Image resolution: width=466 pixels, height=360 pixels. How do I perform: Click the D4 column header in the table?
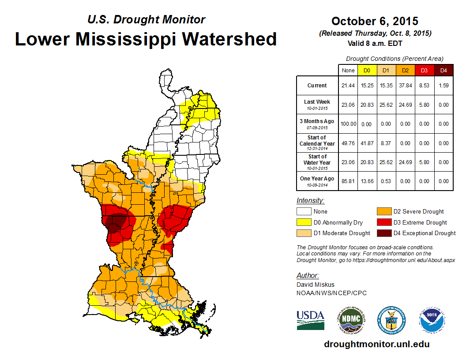click(x=443, y=70)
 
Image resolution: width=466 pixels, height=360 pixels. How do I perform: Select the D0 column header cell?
click(x=367, y=70)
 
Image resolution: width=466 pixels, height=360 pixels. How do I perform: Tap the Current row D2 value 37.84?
click(x=405, y=86)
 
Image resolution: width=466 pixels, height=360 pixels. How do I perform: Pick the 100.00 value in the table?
click(x=348, y=124)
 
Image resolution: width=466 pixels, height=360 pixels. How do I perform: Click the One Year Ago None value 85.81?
click(x=348, y=181)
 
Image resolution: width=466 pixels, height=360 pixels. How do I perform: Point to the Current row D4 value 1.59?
click(x=443, y=86)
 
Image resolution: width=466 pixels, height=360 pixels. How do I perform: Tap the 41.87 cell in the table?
click(x=367, y=143)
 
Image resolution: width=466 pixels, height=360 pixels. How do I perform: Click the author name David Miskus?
click(x=315, y=285)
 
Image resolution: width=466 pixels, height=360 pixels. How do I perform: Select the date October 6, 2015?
click(x=375, y=21)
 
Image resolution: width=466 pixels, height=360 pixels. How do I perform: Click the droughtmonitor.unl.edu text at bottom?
click(x=376, y=344)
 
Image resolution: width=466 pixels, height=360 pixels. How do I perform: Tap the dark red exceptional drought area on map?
click(x=117, y=221)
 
